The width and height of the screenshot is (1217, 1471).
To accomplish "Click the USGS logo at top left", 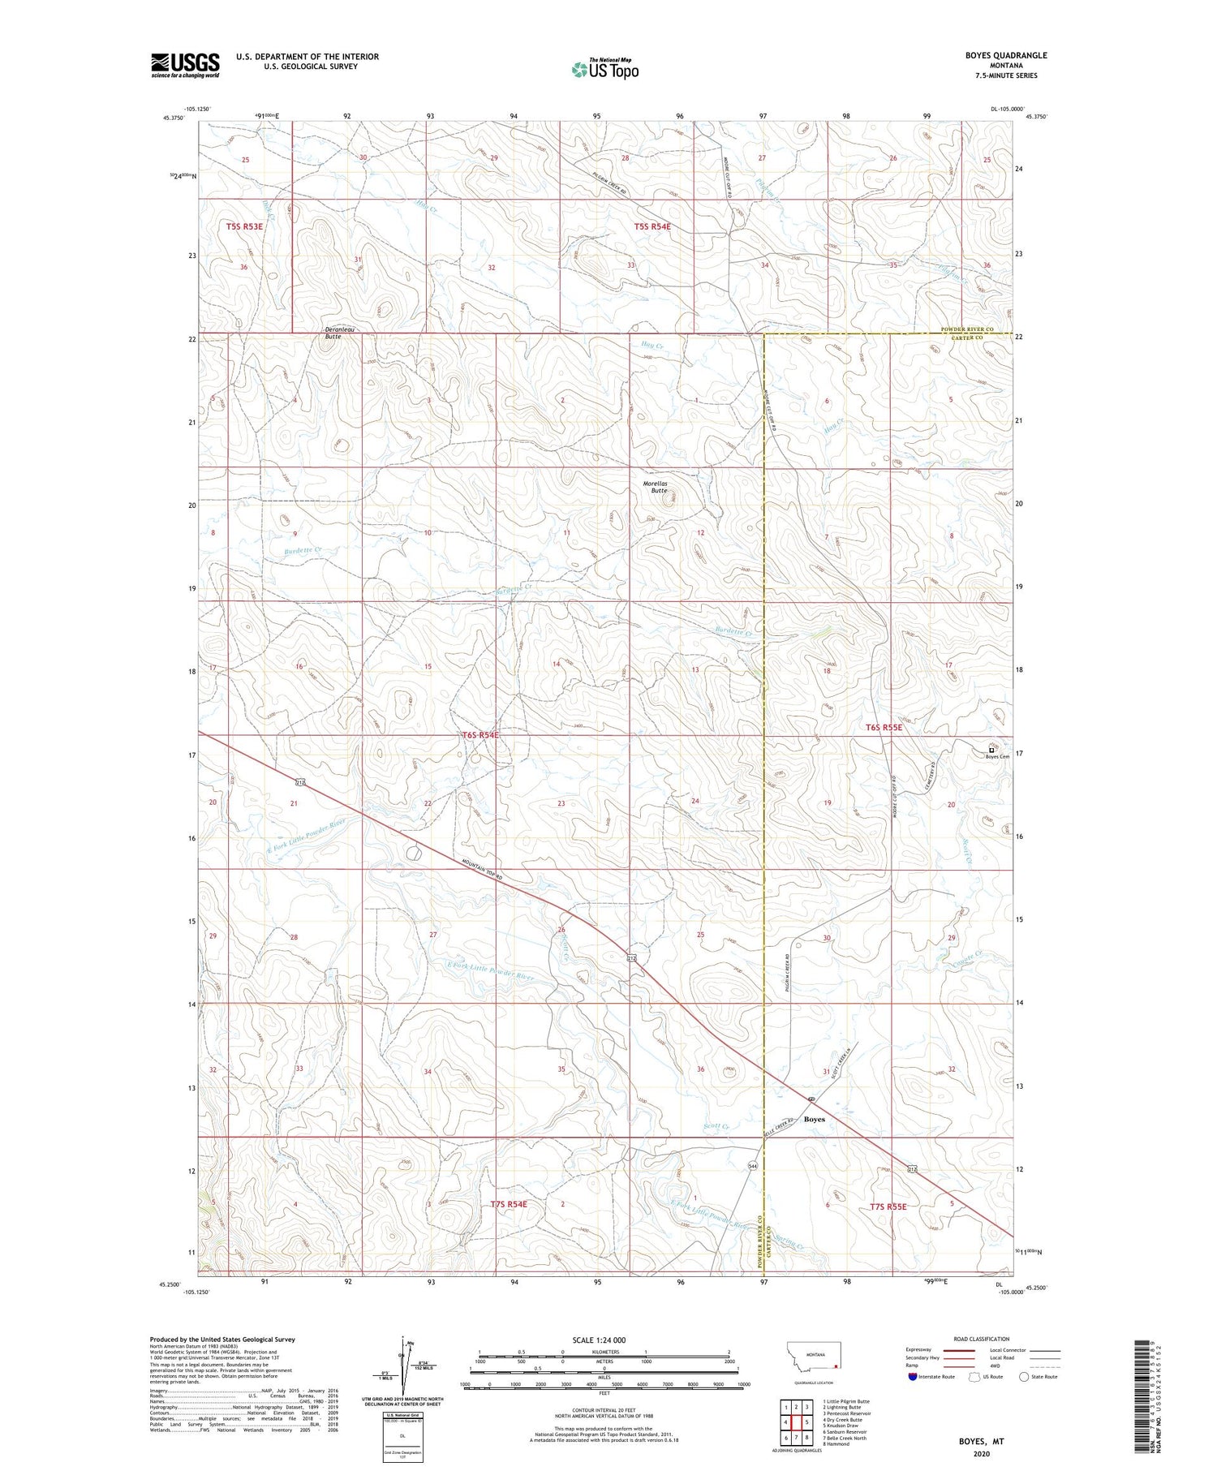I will (185, 65).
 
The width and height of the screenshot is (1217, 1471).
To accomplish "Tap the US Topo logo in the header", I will (604, 69).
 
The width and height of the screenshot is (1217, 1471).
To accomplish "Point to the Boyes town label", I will (814, 1119).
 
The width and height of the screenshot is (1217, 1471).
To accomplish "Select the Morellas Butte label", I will (659, 487).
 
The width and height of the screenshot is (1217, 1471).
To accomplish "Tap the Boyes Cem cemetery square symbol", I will (991, 751).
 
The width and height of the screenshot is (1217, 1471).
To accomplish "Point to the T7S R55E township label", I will (886, 1206).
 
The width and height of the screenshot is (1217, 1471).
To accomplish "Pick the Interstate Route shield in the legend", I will (914, 1376).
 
